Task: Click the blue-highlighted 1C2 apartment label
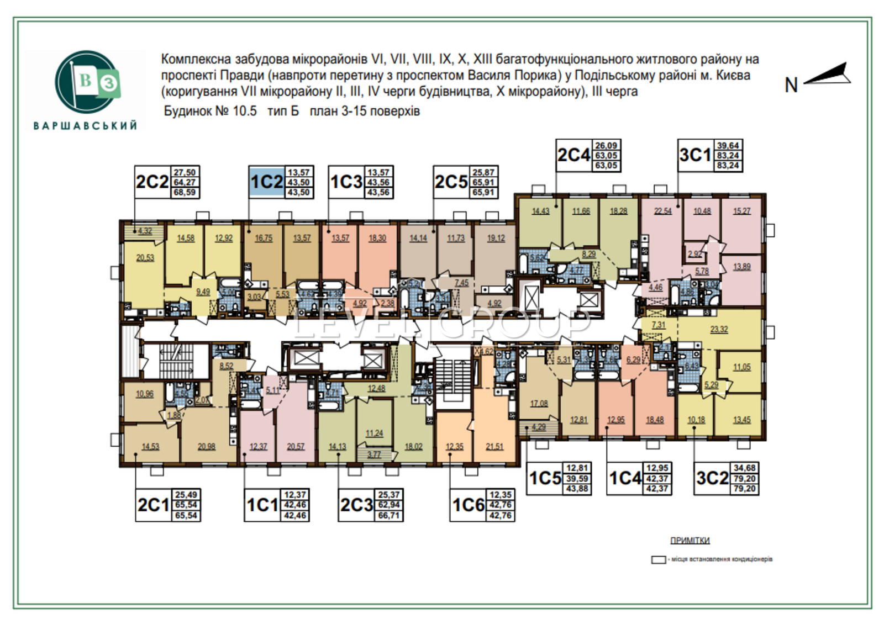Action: pos(266,182)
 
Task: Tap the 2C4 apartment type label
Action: pos(573,155)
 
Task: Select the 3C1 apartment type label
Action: pos(695,155)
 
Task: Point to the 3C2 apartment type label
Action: pos(712,478)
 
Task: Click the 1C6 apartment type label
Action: pos(469,505)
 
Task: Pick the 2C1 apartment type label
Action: pos(154,505)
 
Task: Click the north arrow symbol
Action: pos(828,74)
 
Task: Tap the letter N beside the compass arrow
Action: pos(791,85)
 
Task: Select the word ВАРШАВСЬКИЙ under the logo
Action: pos(86,126)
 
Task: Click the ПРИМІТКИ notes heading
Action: pos(690,540)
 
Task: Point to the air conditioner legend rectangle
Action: pos(658,559)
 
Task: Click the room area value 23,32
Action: pos(719,329)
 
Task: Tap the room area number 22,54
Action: pos(662,211)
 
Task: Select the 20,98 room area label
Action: pos(206,446)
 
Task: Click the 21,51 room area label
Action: pos(494,446)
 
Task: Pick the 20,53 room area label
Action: pos(145,257)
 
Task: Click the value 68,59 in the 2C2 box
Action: pos(185,193)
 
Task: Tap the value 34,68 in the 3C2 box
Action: pos(744,468)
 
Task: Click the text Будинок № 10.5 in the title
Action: pos(211,111)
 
